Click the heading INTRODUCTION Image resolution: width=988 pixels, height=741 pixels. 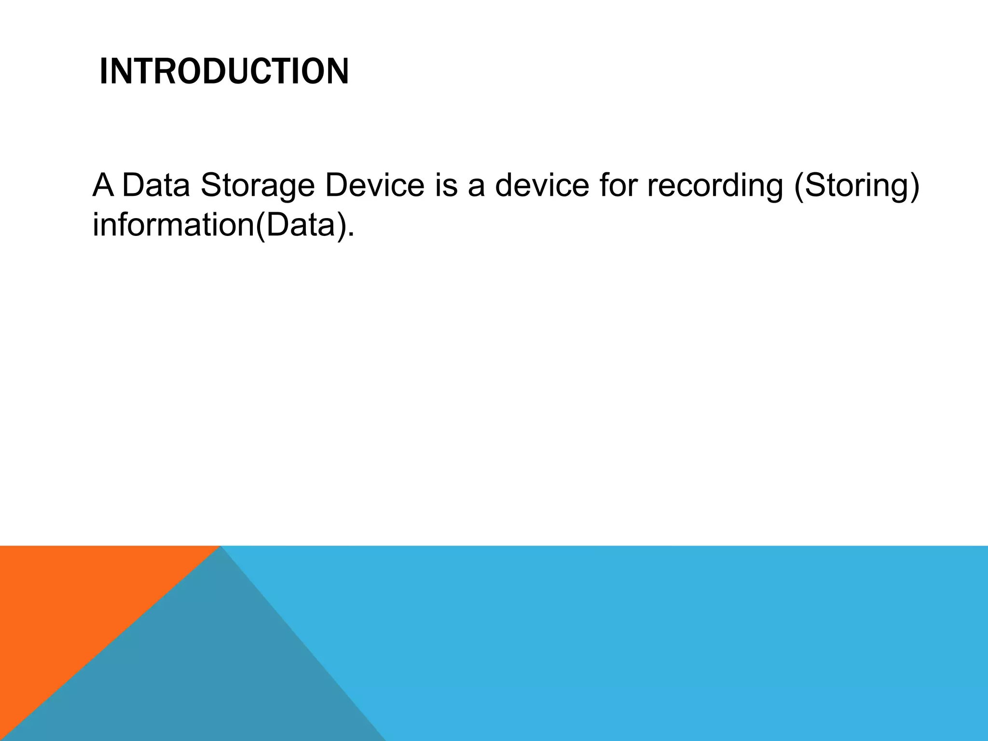pyautogui.click(x=224, y=71)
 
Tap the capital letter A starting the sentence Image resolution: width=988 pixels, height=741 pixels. pyautogui.click(x=103, y=185)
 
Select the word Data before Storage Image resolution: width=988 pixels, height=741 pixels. pyautogui.click(x=156, y=185)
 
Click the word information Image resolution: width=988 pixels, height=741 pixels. pyautogui.click(x=172, y=225)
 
